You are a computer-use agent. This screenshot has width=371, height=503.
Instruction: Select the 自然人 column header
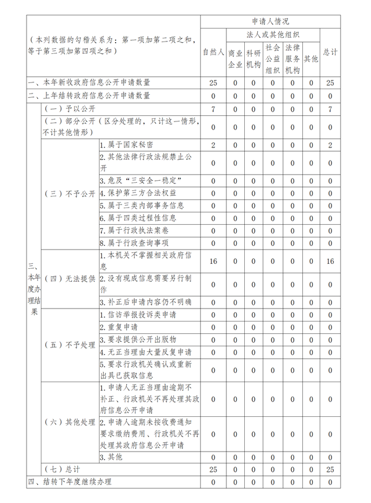point(213,53)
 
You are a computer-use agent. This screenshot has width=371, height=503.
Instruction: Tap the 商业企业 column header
point(235,59)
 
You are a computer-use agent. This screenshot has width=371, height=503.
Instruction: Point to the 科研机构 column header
point(253,59)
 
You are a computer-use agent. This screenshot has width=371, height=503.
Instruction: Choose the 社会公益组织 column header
point(273,59)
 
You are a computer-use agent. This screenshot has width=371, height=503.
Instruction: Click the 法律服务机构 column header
point(292,59)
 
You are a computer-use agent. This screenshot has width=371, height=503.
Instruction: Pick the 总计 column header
point(330,53)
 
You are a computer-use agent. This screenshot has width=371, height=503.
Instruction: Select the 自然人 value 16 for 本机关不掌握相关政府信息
point(213,261)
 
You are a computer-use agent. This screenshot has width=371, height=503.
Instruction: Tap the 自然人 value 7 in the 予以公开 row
point(213,110)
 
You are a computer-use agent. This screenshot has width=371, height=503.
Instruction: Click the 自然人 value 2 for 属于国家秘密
point(213,145)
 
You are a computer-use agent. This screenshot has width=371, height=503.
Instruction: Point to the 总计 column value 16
point(330,261)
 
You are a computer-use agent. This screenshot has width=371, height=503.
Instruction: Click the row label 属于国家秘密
point(127,145)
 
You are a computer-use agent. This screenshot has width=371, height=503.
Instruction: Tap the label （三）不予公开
point(70,193)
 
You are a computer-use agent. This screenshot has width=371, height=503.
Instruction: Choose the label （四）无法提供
point(70,278)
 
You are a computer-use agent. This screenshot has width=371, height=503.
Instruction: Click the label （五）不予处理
point(70,345)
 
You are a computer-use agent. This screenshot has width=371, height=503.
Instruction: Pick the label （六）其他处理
point(70,422)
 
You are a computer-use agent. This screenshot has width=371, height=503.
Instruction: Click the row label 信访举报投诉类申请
point(138,315)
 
